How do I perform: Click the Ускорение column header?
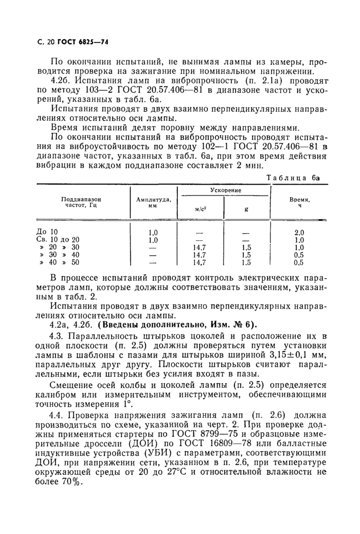point(226,190)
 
